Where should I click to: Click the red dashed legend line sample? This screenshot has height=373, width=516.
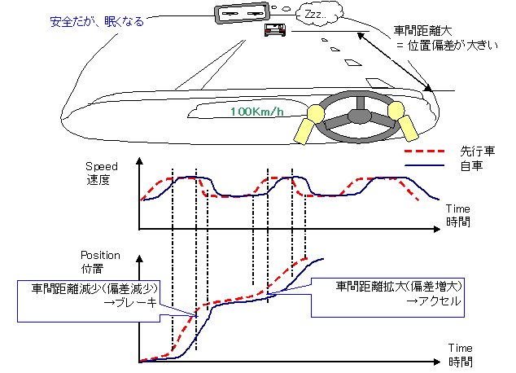point(426,151)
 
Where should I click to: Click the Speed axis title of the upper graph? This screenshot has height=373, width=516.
point(102,167)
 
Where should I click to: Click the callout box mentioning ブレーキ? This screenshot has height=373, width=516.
point(95,294)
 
